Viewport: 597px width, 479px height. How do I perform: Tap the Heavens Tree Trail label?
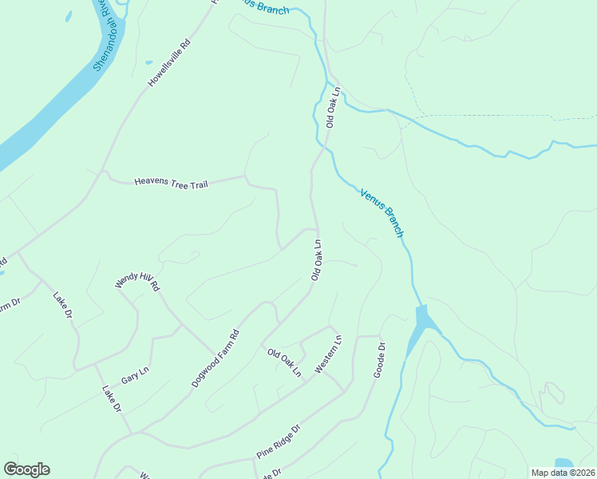[171, 183]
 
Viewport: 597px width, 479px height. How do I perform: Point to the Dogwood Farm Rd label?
[215, 359]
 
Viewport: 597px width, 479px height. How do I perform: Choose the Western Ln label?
[328, 354]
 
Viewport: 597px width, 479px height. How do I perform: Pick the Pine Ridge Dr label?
[278, 441]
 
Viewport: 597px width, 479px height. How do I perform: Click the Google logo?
[26, 469]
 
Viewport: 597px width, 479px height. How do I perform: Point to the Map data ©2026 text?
[562, 472]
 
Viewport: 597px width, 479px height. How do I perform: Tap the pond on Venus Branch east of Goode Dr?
[421, 323]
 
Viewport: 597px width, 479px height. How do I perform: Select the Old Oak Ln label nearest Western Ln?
[284, 362]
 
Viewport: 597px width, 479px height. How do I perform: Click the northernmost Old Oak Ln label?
[333, 107]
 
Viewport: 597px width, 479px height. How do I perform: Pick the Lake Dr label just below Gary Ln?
[111, 398]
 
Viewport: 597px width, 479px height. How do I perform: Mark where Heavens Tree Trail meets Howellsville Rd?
[102, 172]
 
